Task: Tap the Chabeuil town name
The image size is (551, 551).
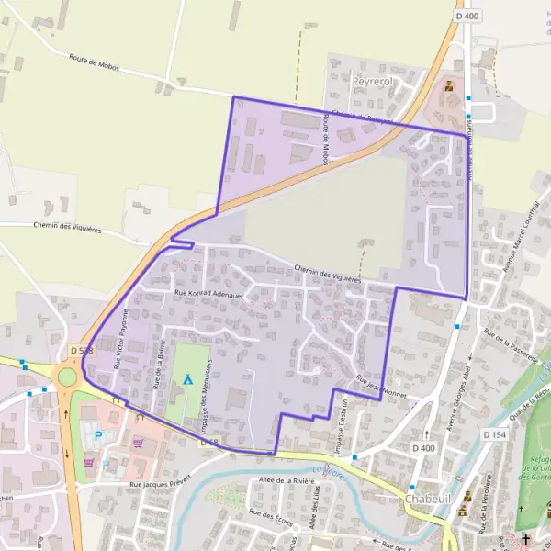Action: click(x=428, y=499)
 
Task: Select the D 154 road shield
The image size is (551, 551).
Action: click(x=494, y=434)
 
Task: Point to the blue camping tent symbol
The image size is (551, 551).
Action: click(x=188, y=378)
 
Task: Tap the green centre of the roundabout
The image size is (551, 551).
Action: click(x=66, y=377)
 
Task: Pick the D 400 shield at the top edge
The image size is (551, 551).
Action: click(x=467, y=16)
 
